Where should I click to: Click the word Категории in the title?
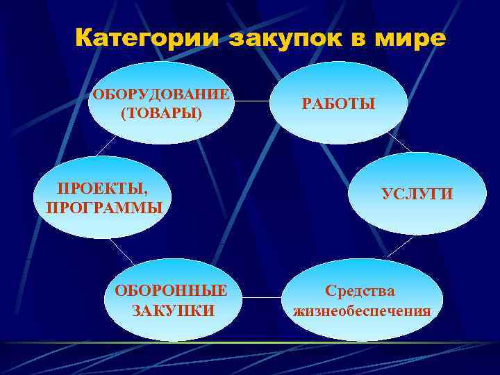(145, 38)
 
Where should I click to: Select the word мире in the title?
(410, 38)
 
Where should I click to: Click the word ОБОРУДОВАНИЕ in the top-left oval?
(160, 94)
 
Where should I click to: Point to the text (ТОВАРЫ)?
(161, 112)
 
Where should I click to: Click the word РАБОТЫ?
(338, 104)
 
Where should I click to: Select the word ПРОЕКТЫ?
(97, 189)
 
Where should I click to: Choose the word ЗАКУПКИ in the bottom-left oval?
(173, 310)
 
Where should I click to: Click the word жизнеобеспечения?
(362, 310)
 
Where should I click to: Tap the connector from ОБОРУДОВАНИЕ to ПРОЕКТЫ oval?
(106, 144)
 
